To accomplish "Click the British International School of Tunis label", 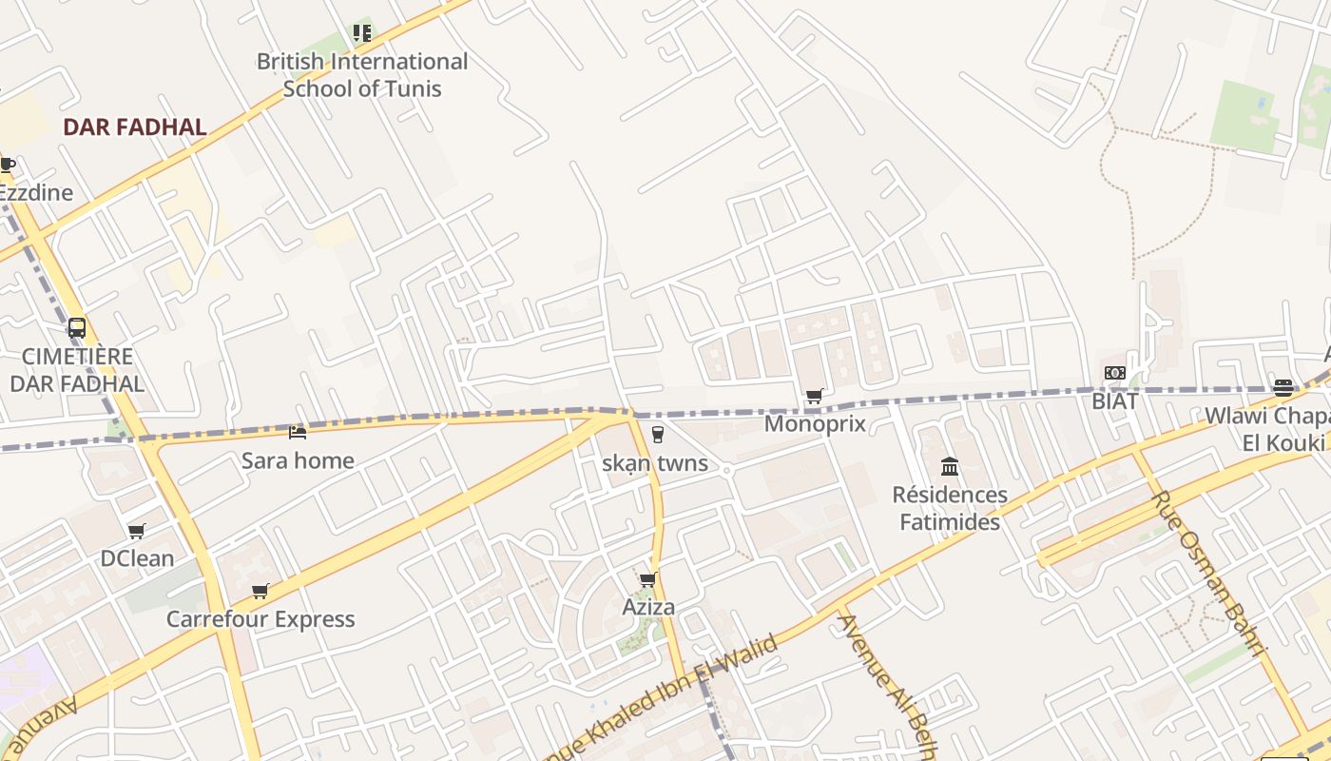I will (x=362, y=75).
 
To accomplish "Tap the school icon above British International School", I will (x=362, y=33).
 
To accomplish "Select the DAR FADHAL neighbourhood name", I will (x=134, y=127).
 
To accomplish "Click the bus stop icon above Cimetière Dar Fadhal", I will (x=77, y=328).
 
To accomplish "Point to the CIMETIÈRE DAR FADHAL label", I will (x=77, y=370).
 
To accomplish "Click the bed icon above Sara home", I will (x=298, y=433).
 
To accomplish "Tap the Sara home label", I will (x=298, y=460).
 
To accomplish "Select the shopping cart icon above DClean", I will (x=137, y=531).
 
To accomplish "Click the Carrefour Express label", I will (x=260, y=619).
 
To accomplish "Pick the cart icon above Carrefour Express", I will (x=260, y=592).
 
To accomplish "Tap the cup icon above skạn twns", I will (x=656, y=436).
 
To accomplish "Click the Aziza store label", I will (x=648, y=607).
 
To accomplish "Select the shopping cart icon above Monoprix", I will (x=814, y=396).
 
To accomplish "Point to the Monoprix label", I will (x=815, y=422).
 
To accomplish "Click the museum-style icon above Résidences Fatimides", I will (x=949, y=466).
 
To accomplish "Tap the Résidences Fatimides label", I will (x=949, y=508).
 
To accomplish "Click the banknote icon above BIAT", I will (x=1114, y=373).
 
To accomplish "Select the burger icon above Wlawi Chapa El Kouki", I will (x=1283, y=387).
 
